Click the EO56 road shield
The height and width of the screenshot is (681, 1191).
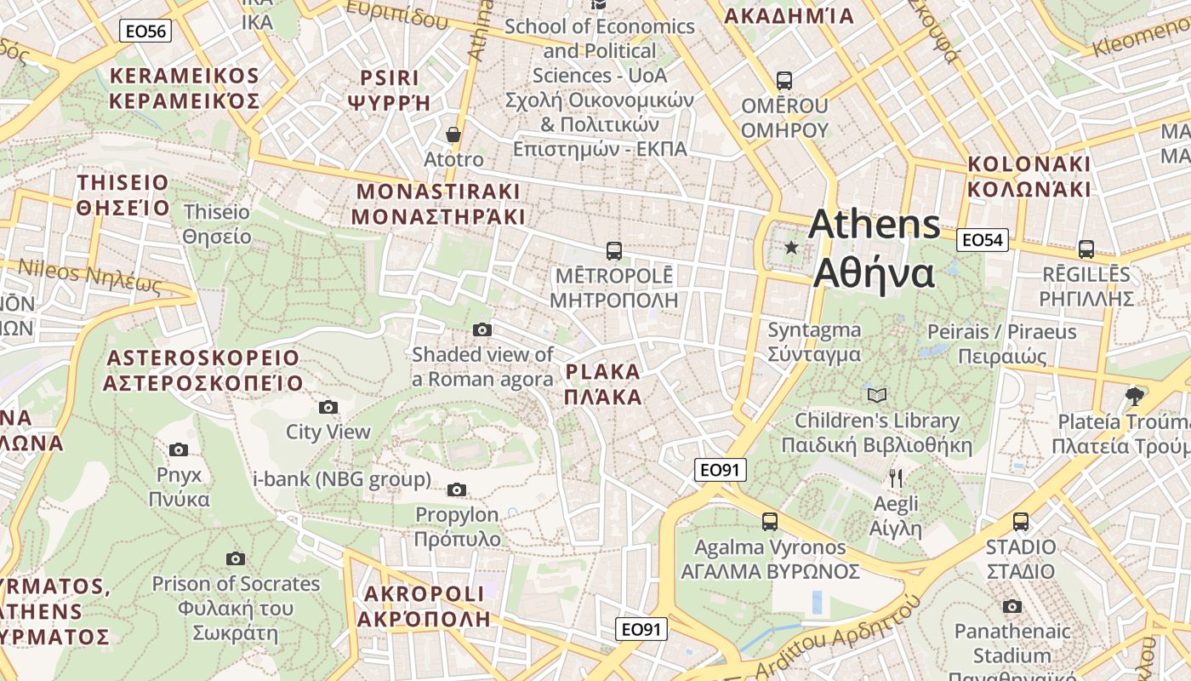coord(145,31)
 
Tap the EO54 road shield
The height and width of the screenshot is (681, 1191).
coord(982,240)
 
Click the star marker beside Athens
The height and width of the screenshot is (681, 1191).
coord(791,248)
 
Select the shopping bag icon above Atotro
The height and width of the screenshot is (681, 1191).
coord(453,134)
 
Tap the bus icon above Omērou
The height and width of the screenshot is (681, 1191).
coord(784,81)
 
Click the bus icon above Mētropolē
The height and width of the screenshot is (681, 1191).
coord(613,251)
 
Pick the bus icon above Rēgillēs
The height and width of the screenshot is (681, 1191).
coord(1086,249)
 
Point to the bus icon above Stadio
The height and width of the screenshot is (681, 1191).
coord(1020,522)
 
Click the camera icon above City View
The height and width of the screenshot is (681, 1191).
coord(328,407)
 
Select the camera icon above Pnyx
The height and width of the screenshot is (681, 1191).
coord(178,449)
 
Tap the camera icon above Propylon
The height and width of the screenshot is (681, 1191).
coord(457,489)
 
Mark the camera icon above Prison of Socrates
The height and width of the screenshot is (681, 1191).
coord(236,559)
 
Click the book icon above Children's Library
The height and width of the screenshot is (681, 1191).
coord(876,395)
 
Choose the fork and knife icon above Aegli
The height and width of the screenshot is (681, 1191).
coord(895,478)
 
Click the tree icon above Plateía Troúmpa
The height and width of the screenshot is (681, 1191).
coord(1133,395)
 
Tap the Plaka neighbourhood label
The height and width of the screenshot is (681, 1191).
coord(602,384)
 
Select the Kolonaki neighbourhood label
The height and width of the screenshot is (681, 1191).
coord(1029,175)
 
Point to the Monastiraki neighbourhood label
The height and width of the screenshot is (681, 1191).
coord(438,203)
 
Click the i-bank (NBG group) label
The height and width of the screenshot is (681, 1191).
coord(342,479)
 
